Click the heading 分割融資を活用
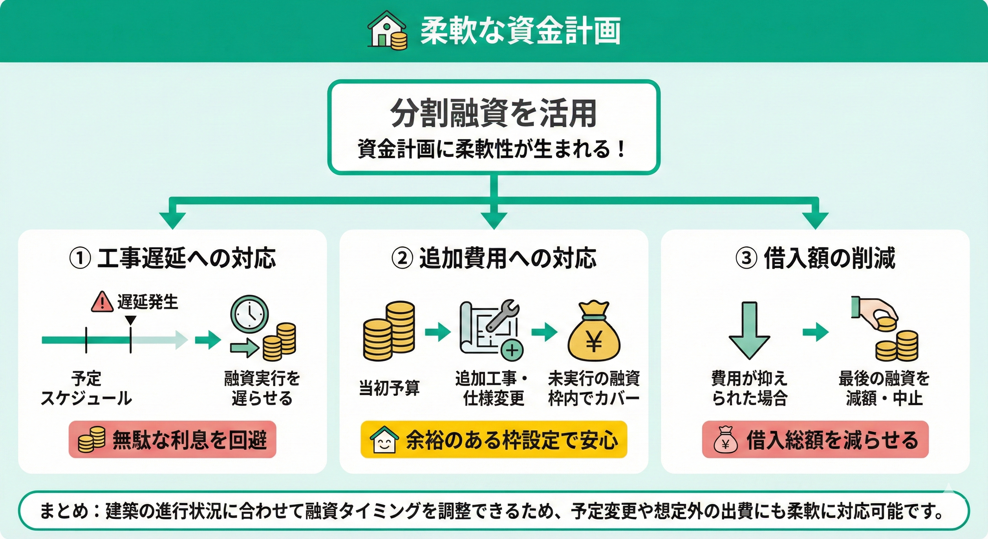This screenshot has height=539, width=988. pos(493,114)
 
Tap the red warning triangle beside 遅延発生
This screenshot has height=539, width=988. pos(102,302)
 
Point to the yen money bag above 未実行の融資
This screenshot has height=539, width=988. pos(594,333)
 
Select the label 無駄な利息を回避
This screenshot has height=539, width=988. pos(173,440)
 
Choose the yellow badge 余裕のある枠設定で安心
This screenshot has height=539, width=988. pos(494,440)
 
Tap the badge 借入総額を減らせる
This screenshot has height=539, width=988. pos(815,440)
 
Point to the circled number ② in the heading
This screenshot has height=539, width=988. pos(402,258)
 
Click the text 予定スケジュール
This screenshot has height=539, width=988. pos(86,388)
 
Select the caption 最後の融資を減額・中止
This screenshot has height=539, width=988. pos(884,388)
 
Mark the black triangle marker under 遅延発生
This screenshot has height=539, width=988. pos(131,320)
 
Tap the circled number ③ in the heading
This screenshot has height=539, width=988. pos(746,258)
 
